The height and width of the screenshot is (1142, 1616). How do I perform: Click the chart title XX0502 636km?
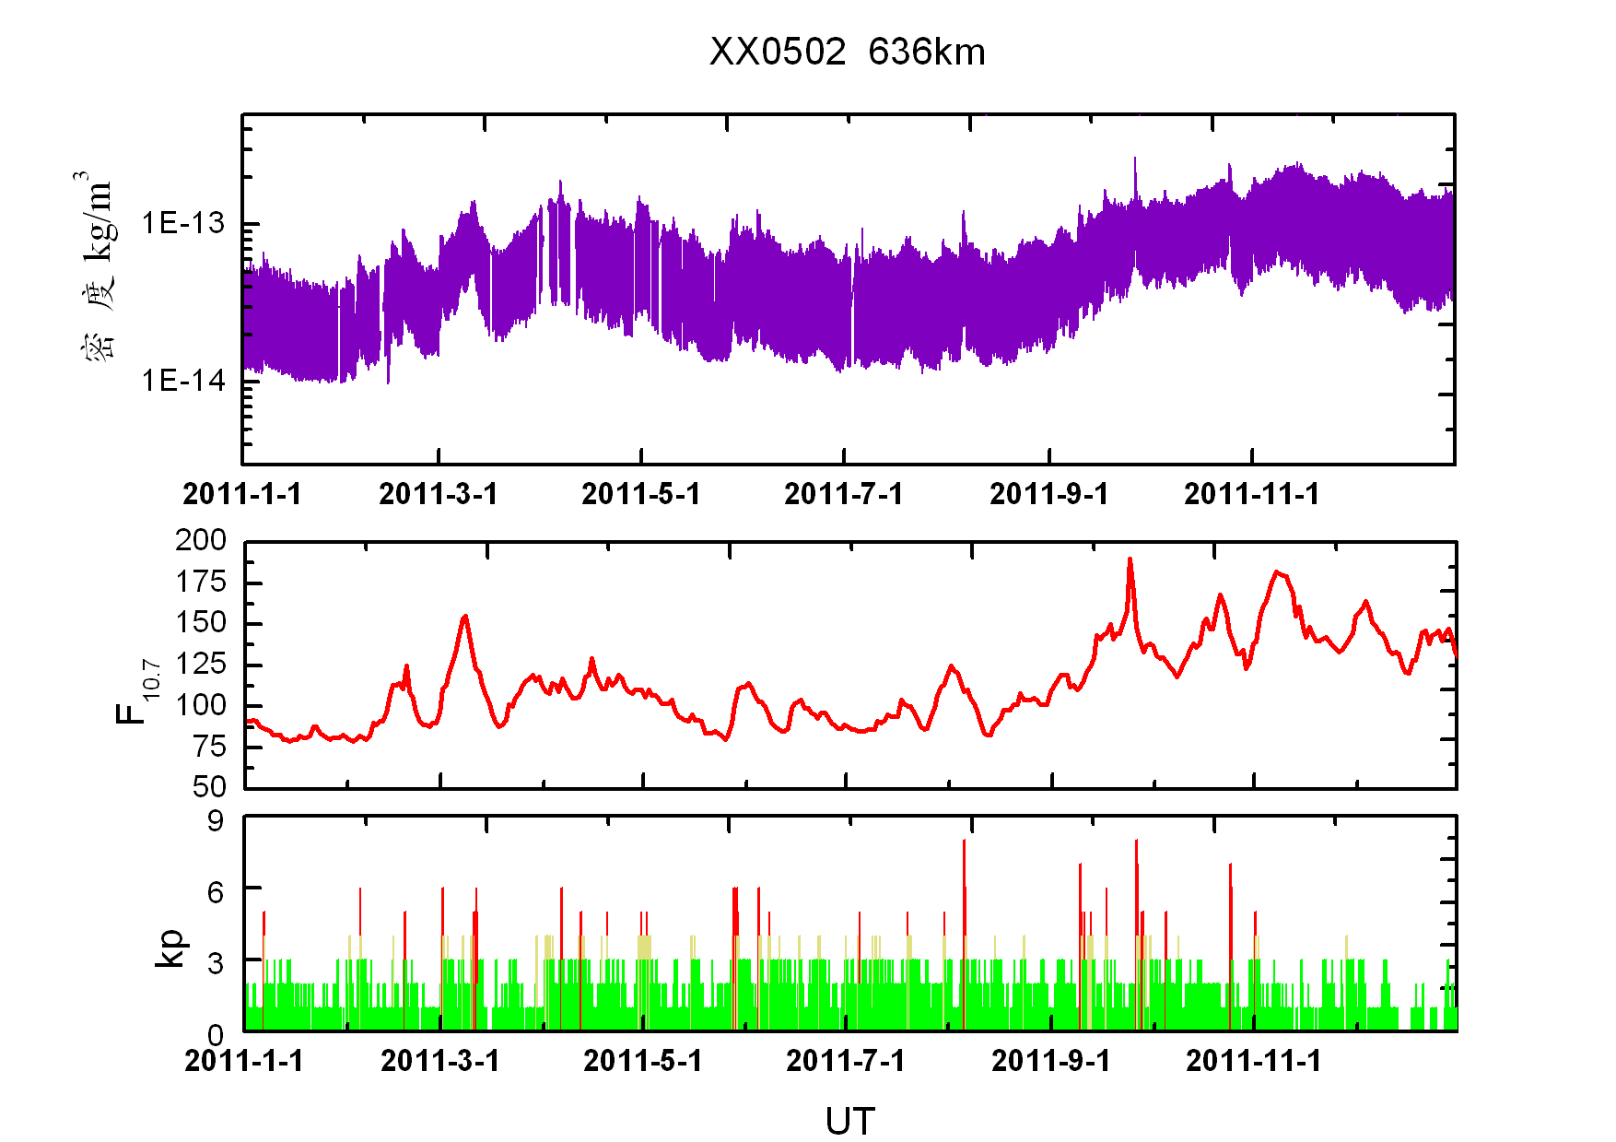(x=847, y=53)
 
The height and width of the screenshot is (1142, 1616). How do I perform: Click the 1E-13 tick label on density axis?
(x=182, y=223)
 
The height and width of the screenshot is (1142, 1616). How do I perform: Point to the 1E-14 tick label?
(x=182, y=380)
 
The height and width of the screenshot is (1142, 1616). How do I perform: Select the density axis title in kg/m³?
(x=96, y=267)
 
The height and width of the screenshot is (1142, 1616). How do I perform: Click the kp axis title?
(x=170, y=947)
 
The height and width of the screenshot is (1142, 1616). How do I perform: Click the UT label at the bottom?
(x=849, y=1122)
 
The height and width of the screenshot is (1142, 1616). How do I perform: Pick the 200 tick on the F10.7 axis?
(x=201, y=540)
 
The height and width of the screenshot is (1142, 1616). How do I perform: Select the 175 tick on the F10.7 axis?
(x=201, y=582)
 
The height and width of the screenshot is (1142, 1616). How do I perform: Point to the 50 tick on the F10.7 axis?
(x=209, y=786)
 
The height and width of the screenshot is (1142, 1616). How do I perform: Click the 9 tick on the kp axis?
(x=216, y=820)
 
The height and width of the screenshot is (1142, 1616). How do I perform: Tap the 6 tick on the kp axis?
(x=216, y=891)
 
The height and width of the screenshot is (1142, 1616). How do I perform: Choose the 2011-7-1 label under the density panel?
(x=843, y=494)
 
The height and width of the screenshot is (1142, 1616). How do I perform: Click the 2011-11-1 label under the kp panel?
(x=1253, y=1061)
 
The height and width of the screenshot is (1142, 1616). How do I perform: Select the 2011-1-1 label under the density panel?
(x=242, y=494)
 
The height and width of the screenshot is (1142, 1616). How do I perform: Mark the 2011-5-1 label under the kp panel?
(x=643, y=1061)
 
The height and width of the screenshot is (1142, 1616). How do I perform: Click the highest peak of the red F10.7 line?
(x=1130, y=559)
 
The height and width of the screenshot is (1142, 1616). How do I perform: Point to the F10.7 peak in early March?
(x=465, y=616)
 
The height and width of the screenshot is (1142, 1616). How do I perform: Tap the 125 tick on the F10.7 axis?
(x=201, y=664)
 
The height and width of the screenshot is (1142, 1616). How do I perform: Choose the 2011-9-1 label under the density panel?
(x=1048, y=494)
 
